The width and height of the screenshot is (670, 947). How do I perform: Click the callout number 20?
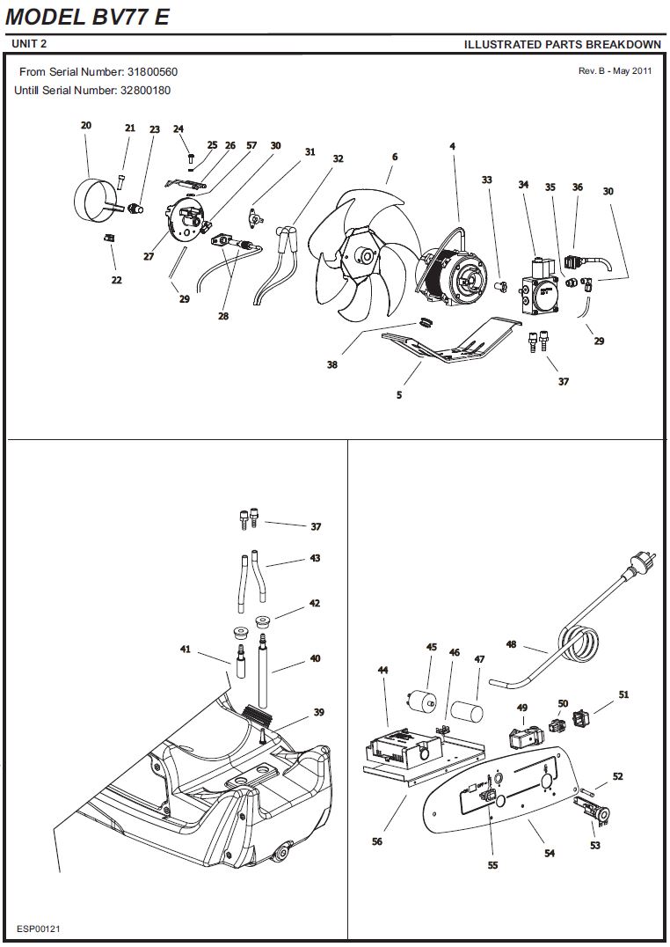[85, 125]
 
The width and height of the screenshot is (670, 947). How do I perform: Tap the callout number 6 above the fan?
[395, 157]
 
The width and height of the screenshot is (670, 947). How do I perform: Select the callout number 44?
[382, 670]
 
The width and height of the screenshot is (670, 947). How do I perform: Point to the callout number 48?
[511, 644]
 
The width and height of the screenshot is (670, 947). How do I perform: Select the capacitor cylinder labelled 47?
[468, 711]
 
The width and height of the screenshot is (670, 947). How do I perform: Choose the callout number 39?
[318, 712]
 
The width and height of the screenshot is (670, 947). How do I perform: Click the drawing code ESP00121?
[39, 929]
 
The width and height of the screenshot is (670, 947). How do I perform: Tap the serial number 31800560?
[152, 72]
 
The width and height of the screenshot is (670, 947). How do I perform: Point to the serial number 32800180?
[145, 91]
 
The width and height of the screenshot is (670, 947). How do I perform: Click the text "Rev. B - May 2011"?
[615, 70]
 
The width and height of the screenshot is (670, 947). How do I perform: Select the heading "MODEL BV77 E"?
[88, 17]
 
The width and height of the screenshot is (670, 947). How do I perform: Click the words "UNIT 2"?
[29, 43]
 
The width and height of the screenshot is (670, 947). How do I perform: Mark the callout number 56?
[376, 841]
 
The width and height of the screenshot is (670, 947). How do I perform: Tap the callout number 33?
[486, 180]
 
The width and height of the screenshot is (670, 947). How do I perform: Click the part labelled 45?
[420, 702]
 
